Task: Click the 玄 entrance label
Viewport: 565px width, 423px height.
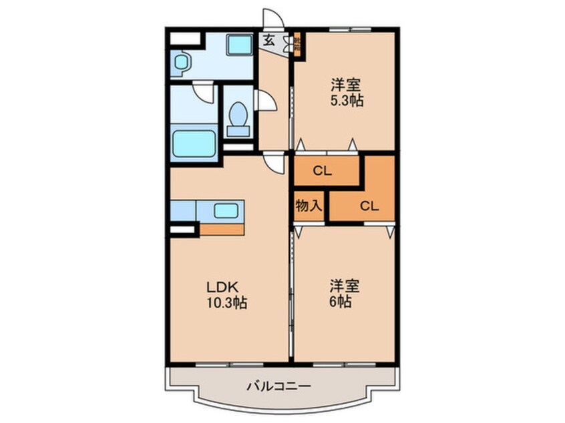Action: pyautogui.click(x=268, y=40)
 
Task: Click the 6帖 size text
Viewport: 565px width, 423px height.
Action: pyautogui.click(x=345, y=302)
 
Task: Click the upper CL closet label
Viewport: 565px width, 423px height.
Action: pyautogui.click(x=323, y=171)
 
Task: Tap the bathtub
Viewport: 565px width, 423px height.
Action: pyautogui.click(x=194, y=143)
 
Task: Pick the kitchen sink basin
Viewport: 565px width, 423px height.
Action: pyautogui.click(x=226, y=211)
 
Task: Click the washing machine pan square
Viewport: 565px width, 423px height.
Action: pyautogui.click(x=238, y=45)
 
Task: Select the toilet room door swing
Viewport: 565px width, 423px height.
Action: pyautogui.click(x=266, y=102)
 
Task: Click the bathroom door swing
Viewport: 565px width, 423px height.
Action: pyautogui.click(x=203, y=91)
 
